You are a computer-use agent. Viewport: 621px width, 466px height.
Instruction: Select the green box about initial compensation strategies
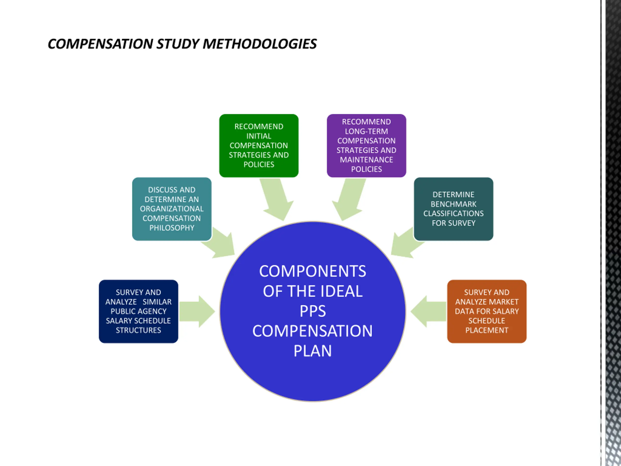(259, 145)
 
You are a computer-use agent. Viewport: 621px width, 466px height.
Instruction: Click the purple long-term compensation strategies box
(366, 145)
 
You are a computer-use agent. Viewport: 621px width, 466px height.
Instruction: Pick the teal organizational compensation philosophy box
(172, 209)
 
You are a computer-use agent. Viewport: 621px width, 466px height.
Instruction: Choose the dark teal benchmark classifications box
(453, 209)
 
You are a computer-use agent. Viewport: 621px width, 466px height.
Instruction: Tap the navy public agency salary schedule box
(139, 311)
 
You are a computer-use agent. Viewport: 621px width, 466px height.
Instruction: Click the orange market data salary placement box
(487, 311)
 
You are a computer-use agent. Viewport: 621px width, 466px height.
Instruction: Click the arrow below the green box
(277, 200)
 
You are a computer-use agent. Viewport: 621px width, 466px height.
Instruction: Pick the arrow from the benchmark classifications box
(404, 243)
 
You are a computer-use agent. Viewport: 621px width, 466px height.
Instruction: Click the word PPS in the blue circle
(312, 311)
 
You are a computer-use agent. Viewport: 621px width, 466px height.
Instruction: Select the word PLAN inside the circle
(312, 351)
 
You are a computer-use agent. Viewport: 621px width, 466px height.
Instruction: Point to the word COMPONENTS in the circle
(312, 271)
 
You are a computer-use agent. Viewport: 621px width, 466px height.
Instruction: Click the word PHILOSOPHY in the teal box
(172, 228)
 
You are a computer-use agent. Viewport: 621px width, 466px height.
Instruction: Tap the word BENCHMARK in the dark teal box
(453, 204)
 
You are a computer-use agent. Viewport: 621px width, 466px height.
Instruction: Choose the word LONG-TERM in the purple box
(366, 131)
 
